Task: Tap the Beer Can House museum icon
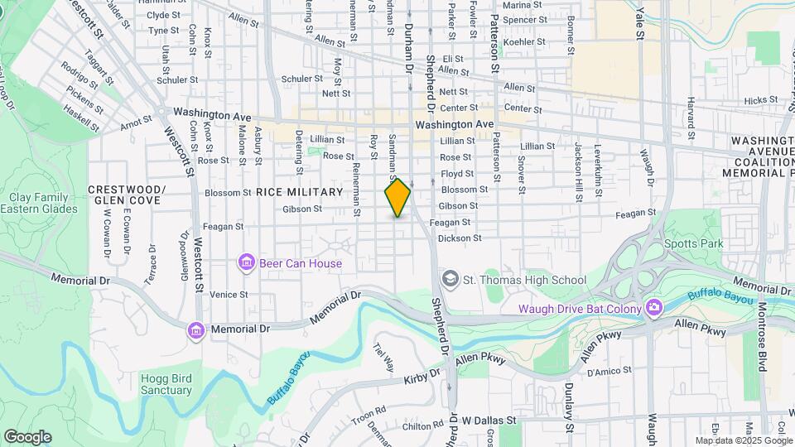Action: (x=246, y=263)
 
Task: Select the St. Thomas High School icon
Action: (x=450, y=280)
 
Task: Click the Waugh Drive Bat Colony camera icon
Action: (x=654, y=309)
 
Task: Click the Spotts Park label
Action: (x=694, y=243)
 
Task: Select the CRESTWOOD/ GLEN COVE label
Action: (x=128, y=195)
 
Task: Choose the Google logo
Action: (x=27, y=436)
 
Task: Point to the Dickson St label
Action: (x=460, y=238)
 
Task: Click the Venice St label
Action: (x=229, y=294)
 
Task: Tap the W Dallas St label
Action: (x=489, y=421)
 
